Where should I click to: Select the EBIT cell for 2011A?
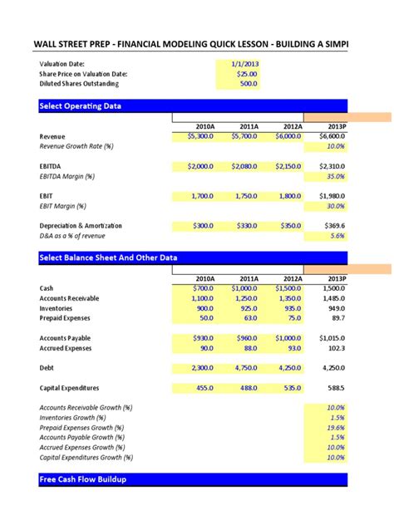tap(245, 196)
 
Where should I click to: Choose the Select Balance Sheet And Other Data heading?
tap(108, 258)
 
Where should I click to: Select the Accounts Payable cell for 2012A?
tap(288, 338)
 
